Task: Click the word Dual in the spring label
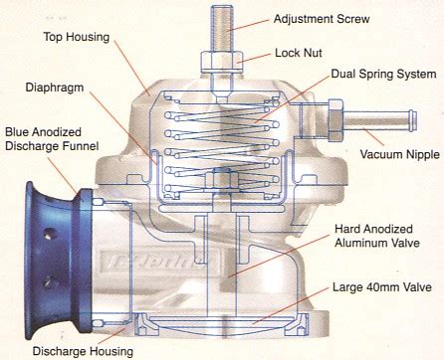coord(344,73)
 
